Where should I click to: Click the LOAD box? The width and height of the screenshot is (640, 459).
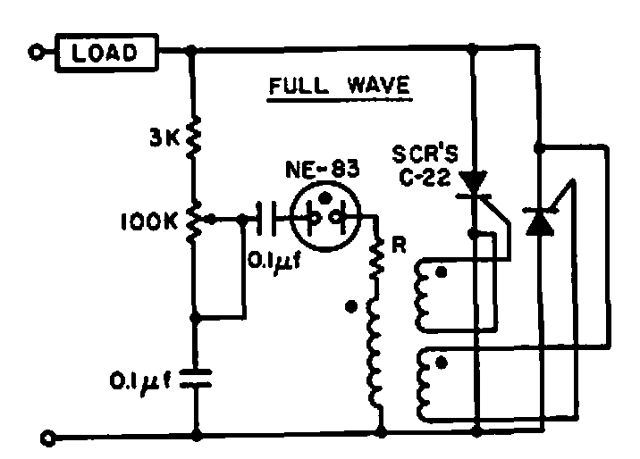pyautogui.click(x=107, y=53)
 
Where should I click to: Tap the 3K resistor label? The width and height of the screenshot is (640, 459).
pyautogui.click(x=164, y=138)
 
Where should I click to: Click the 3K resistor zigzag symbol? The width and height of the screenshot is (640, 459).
pyautogui.click(x=193, y=137)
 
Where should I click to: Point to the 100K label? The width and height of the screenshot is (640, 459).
pyautogui.click(x=149, y=222)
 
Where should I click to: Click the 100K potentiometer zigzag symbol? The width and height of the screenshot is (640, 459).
pyautogui.click(x=193, y=222)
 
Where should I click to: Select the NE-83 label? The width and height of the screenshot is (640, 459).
pyautogui.click(x=323, y=169)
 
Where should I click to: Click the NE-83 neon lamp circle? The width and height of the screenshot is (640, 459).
pyautogui.click(x=325, y=216)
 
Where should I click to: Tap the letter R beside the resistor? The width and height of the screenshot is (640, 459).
pyautogui.click(x=399, y=245)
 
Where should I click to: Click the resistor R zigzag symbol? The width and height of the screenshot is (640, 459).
pyautogui.click(x=377, y=258)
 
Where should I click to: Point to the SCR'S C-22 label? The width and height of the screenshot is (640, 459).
pyautogui.click(x=425, y=165)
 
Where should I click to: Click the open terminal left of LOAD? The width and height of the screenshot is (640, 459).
pyautogui.click(x=36, y=52)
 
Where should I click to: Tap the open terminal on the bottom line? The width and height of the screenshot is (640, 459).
pyautogui.click(x=47, y=438)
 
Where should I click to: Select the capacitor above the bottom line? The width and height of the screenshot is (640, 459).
pyautogui.click(x=196, y=378)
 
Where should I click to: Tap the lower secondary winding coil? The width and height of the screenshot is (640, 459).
pyautogui.click(x=425, y=385)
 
